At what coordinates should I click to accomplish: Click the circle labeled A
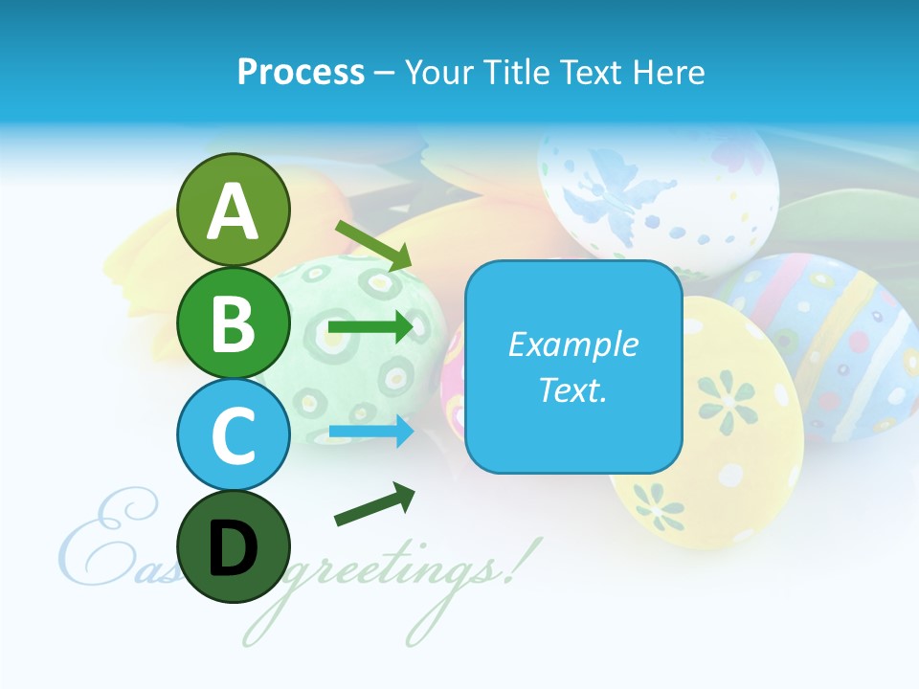coord(234,210)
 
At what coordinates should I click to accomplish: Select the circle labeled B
coord(234,322)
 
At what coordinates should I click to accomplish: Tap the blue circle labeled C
coord(234,434)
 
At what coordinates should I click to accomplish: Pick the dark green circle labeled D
coord(234,546)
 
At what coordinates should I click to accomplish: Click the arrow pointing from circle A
coord(373,245)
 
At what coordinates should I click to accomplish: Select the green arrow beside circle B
coord(370,327)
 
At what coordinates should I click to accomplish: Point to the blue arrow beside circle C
coord(370,432)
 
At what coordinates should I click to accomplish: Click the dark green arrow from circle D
coord(374,504)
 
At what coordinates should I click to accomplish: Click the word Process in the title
coord(301,72)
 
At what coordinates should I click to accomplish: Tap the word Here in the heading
coord(670,72)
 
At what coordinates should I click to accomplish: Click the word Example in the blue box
coord(573,344)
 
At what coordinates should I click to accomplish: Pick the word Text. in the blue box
coord(573,389)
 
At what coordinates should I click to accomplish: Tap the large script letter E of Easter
coord(96,541)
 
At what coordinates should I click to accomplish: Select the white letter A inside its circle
coord(234,211)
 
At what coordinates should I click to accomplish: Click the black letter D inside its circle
coord(234,548)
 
